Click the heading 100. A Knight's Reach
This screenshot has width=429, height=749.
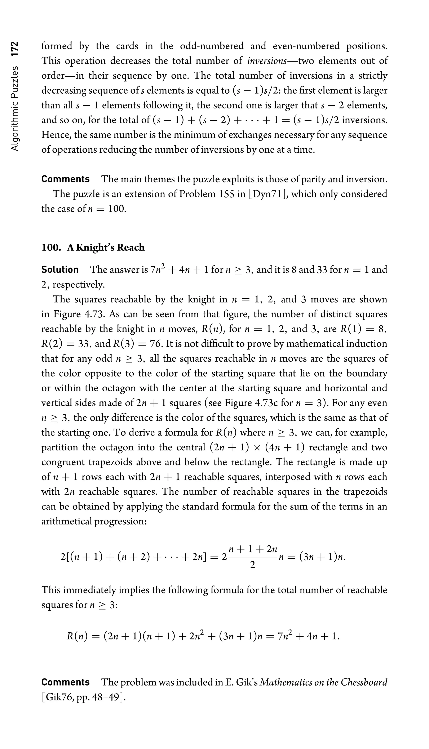pyautogui.click(x=93, y=248)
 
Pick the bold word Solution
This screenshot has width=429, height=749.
pyautogui.click(x=60, y=269)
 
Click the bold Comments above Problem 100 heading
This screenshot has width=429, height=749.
pyautogui.click(x=65, y=179)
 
